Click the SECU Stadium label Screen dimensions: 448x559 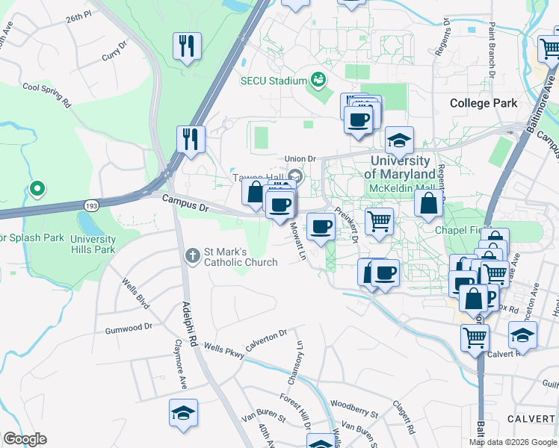click(273, 81)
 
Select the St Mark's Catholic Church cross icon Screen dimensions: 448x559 click(192, 255)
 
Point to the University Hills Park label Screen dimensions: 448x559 click(93, 244)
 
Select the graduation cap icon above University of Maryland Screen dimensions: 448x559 click(400, 140)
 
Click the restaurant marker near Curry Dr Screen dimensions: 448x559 click(187, 46)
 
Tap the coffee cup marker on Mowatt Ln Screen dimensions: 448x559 click(321, 226)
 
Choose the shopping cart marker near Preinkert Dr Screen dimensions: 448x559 click(379, 221)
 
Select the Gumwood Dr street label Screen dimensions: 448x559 click(129, 327)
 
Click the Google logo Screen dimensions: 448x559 click(25, 439)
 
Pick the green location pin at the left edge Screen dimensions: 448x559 click(36, 190)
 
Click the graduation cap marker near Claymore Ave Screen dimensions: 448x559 click(183, 413)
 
